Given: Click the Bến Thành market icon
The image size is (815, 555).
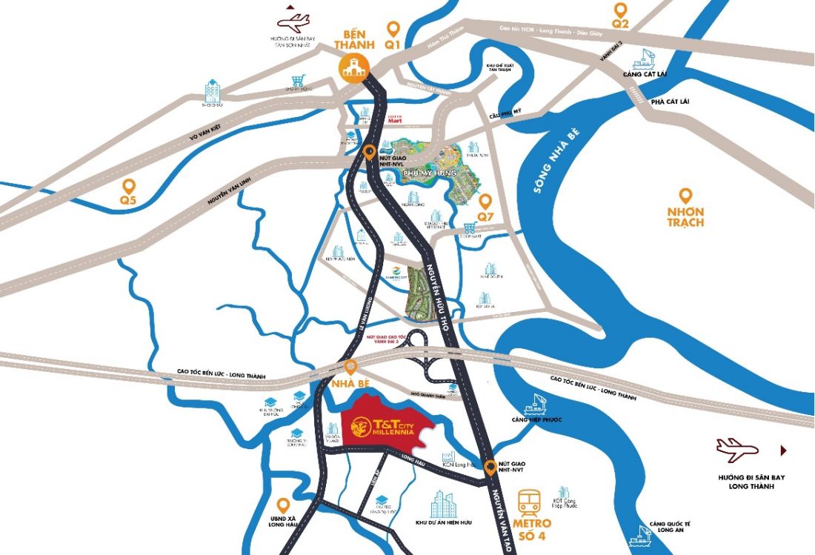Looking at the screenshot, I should pos(353,67).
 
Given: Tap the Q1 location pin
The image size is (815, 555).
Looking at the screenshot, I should pos(393,29).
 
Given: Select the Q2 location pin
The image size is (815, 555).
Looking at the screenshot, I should pos(620,10).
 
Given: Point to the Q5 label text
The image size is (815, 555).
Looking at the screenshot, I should pos(129,200).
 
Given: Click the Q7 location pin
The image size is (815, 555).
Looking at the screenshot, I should pos(485,201).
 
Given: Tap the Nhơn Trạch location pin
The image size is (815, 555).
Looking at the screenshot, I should pos(686,196).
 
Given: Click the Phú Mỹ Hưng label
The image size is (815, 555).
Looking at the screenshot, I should pos(428,173).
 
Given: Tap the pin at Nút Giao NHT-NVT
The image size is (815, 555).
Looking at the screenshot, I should pos(490,468).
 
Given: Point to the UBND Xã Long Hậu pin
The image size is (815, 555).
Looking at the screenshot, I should pos(282,505).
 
